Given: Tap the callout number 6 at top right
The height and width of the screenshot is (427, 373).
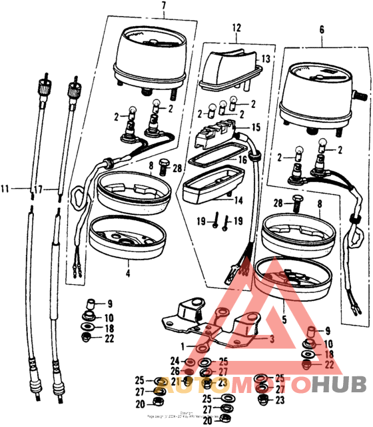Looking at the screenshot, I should (x=322, y=31).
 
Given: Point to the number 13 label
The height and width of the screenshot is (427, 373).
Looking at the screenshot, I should (x=266, y=59).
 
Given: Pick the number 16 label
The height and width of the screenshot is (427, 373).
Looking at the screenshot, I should (x=243, y=160).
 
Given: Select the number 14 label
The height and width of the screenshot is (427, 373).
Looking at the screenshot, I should (x=238, y=200).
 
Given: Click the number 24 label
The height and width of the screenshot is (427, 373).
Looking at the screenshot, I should (x=175, y=361).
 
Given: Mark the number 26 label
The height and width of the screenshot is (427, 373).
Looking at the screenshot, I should (x=175, y=371).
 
